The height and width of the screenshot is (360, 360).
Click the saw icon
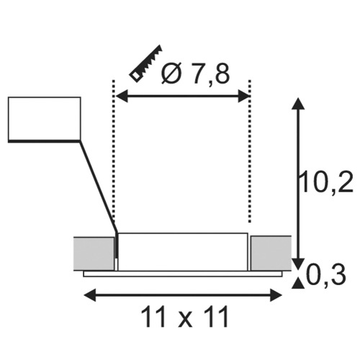[145, 64]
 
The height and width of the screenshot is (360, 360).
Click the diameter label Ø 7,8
[196, 74]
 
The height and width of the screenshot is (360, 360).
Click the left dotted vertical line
[114, 151]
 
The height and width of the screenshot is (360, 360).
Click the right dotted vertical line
[250, 151]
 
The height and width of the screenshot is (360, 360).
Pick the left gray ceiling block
[94, 254]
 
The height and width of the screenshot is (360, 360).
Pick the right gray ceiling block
[271, 253]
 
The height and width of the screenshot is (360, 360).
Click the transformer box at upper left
[45, 119]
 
